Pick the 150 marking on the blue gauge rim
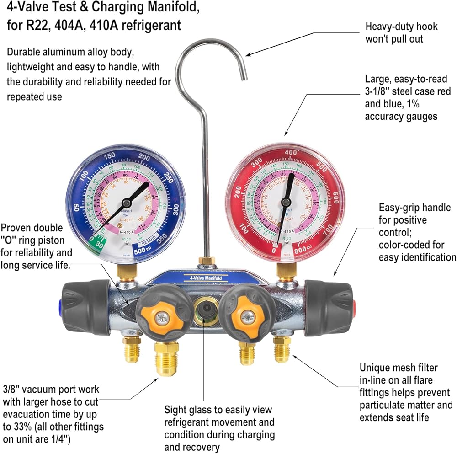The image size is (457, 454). point(110,156)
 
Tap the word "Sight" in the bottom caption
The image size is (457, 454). point(176,410)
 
